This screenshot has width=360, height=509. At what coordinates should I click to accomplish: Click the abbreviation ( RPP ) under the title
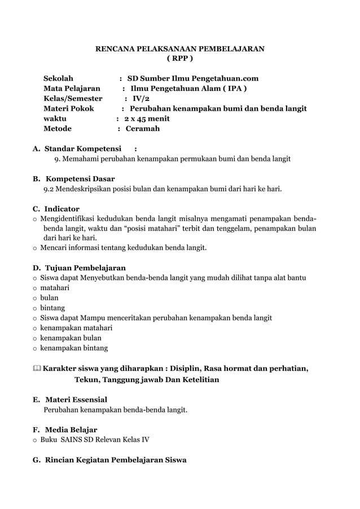point(179,58)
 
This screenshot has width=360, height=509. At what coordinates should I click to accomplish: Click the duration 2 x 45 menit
point(147,119)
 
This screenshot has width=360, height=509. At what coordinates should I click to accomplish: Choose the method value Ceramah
point(142,129)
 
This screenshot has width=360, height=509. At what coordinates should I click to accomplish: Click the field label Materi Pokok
point(69,108)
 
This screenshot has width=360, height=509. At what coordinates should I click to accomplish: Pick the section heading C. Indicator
point(56,209)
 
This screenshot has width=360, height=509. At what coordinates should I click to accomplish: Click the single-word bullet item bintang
point(52,308)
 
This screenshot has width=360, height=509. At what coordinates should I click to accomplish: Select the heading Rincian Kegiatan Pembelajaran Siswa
point(115,460)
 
